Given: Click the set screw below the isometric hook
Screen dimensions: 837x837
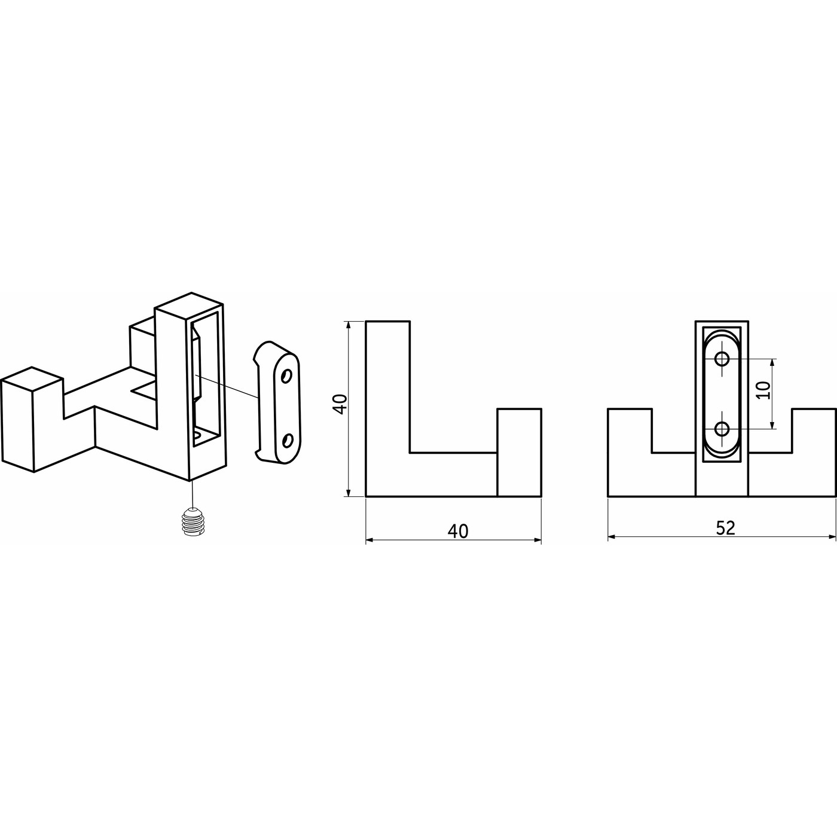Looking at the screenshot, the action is pos(191,521).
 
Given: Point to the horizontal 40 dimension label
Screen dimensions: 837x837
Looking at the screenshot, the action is pos(458,531).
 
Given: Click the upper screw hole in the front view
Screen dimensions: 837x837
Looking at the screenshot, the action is pos(722,359).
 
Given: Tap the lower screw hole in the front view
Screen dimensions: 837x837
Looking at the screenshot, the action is pos(722,429).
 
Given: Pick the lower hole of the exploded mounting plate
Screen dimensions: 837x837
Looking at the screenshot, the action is pos(287,441).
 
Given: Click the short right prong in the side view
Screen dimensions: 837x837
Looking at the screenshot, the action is pos(519,452).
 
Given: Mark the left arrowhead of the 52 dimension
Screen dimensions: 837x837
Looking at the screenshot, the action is pos(611,537).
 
